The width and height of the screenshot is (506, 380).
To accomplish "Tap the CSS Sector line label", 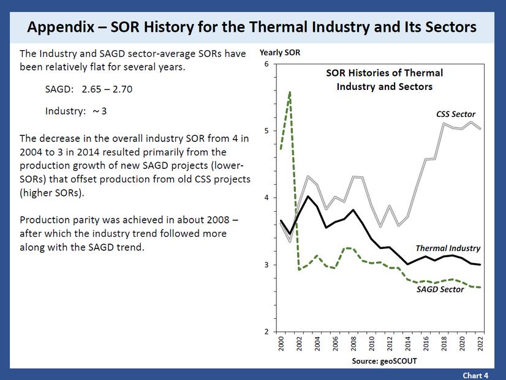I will click(x=447, y=114).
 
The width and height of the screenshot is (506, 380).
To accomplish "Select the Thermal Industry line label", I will click(x=448, y=248).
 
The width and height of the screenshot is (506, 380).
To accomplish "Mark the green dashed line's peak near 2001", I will click(x=289, y=92).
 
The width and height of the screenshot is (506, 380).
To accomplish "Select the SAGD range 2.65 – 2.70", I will click(x=107, y=89).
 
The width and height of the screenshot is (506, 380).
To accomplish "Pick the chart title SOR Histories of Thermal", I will click(x=383, y=73).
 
